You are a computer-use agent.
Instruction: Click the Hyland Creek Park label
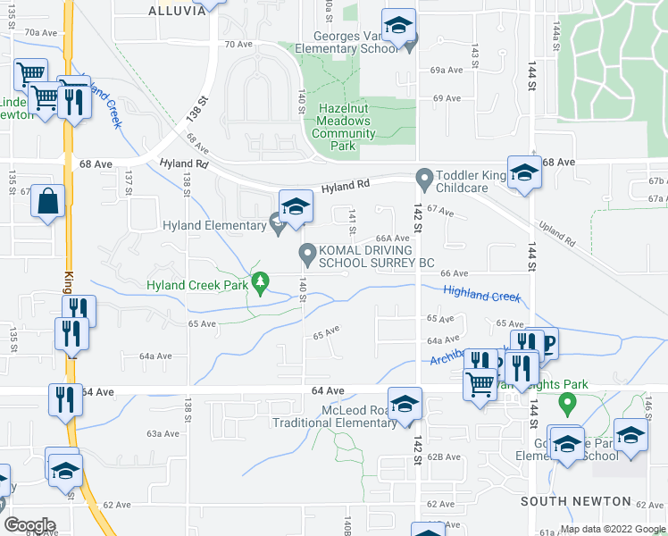tap(196, 285)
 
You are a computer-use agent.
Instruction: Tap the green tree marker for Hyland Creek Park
tap(260, 282)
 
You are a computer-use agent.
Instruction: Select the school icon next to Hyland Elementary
tap(294, 207)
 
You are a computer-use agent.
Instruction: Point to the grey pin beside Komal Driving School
tap(307, 255)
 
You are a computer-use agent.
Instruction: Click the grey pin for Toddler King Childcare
tap(422, 180)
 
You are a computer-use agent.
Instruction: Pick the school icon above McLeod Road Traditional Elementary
tap(404, 403)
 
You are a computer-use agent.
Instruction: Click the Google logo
tap(29, 525)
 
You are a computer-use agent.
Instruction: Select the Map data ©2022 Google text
tap(612, 529)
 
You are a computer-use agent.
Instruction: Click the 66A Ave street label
tap(391, 239)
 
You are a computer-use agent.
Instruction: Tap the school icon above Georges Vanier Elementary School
tap(398, 26)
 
